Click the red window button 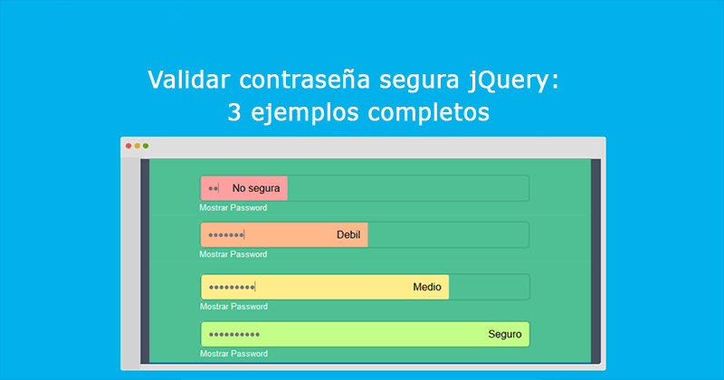click(x=129, y=146)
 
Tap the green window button click(x=146, y=146)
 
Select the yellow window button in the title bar click(x=137, y=146)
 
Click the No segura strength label click(x=256, y=188)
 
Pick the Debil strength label click(x=348, y=235)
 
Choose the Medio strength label click(x=427, y=287)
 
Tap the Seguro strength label click(x=505, y=334)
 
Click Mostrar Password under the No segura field click(x=233, y=208)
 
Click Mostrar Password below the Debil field click(x=233, y=254)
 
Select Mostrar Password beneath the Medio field click(x=233, y=306)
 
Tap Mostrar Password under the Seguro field click(x=233, y=353)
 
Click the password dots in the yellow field click(x=231, y=288)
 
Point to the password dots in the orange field click(x=225, y=235)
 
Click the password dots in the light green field click(x=233, y=335)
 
